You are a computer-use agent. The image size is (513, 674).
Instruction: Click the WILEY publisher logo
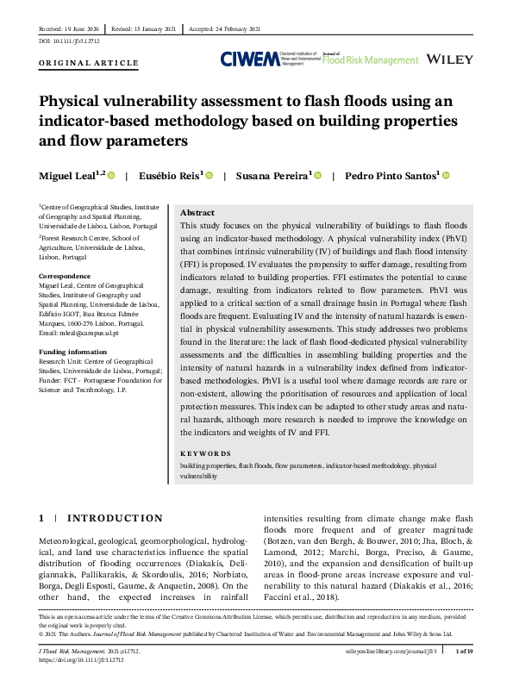tap(449, 59)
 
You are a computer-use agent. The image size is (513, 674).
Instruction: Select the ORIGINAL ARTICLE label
tap(89, 63)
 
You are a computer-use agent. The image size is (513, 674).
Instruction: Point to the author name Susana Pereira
tap(273, 176)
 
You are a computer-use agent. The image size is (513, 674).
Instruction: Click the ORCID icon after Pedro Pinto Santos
tap(446, 176)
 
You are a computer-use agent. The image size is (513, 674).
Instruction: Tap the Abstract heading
tap(197, 213)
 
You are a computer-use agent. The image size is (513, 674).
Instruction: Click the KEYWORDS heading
tap(205, 453)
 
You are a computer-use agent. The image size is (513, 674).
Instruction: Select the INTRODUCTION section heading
tap(115, 518)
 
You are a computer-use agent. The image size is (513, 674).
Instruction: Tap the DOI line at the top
tap(69, 40)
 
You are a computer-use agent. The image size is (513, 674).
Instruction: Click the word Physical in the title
tap(76, 102)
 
